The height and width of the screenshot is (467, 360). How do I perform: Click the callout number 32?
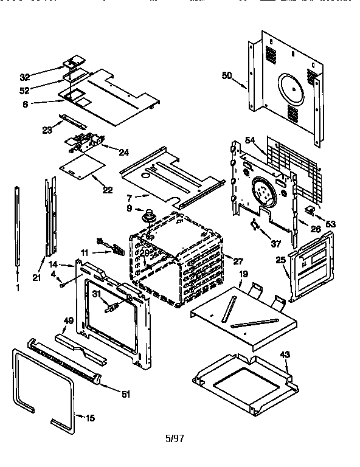(24, 77)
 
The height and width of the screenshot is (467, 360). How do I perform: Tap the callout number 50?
(226, 75)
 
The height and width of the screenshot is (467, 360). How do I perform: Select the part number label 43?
(285, 355)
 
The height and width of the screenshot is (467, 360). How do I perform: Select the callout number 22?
(108, 190)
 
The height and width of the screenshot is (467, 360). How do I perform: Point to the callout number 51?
(126, 394)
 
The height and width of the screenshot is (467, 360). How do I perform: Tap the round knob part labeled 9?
(147, 215)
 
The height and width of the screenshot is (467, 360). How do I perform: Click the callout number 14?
(53, 265)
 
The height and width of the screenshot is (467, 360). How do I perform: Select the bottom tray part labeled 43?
(243, 383)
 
